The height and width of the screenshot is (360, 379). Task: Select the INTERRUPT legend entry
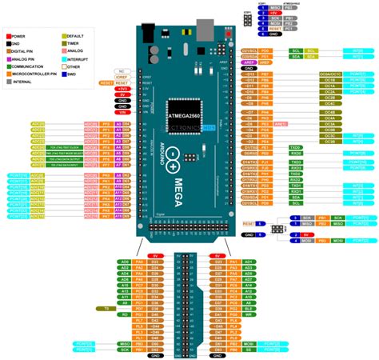pos(77,58)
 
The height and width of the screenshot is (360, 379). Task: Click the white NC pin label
pos(122,70)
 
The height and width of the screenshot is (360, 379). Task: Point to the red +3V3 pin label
pos(122,88)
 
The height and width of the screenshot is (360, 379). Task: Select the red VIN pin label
pos(122,113)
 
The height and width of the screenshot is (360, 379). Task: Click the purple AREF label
pos(250,62)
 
